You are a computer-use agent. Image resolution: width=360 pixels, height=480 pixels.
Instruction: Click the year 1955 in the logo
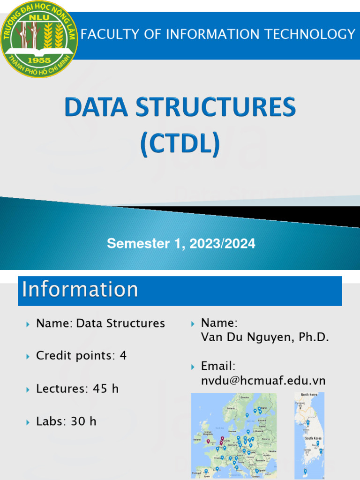click(39, 60)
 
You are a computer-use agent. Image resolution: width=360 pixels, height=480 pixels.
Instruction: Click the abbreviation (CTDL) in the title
click(180, 144)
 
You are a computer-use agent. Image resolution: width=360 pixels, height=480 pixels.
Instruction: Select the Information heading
click(80, 289)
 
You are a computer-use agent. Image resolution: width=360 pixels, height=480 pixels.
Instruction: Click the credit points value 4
click(123, 356)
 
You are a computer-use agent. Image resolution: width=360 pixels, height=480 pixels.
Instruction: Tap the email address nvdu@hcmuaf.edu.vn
click(263, 381)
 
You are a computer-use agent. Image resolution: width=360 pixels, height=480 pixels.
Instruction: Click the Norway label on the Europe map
click(231, 408)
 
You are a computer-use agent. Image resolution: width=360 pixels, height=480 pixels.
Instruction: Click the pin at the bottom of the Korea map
click(305, 471)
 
